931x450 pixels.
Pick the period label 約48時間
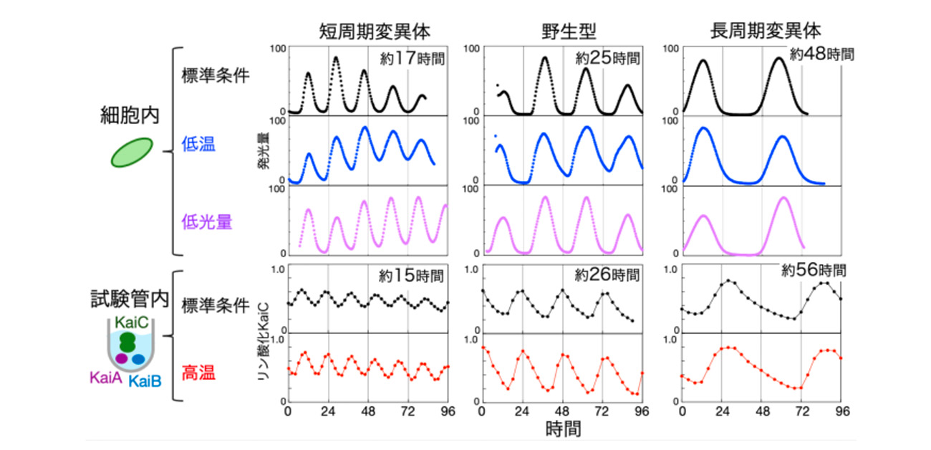[x=821, y=54]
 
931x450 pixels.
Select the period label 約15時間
[x=411, y=275]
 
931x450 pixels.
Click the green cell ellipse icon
[x=132, y=152]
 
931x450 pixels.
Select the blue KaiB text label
[x=145, y=380]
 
